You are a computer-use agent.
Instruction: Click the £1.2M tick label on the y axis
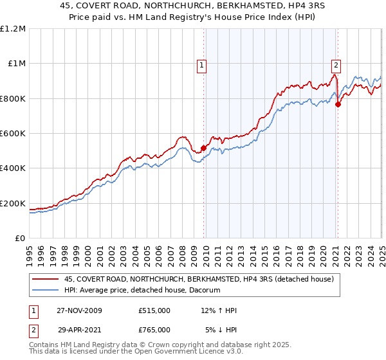[13, 28]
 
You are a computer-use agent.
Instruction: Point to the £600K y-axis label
[12, 134]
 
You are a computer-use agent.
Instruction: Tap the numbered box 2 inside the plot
[336, 64]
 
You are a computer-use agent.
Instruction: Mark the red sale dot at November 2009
[204, 148]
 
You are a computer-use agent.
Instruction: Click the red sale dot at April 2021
[338, 104]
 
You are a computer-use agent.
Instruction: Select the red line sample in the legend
[45, 280]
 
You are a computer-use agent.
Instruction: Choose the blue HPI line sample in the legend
[45, 291]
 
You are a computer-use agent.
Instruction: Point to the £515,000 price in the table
[154, 310]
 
